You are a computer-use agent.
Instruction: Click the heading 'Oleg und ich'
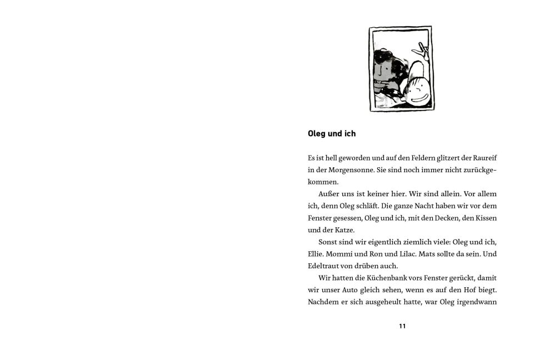(x=332, y=134)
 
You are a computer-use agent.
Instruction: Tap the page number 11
(x=402, y=326)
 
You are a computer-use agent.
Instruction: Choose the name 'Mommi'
(x=341, y=254)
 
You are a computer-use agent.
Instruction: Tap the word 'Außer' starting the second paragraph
(x=329, y=194)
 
